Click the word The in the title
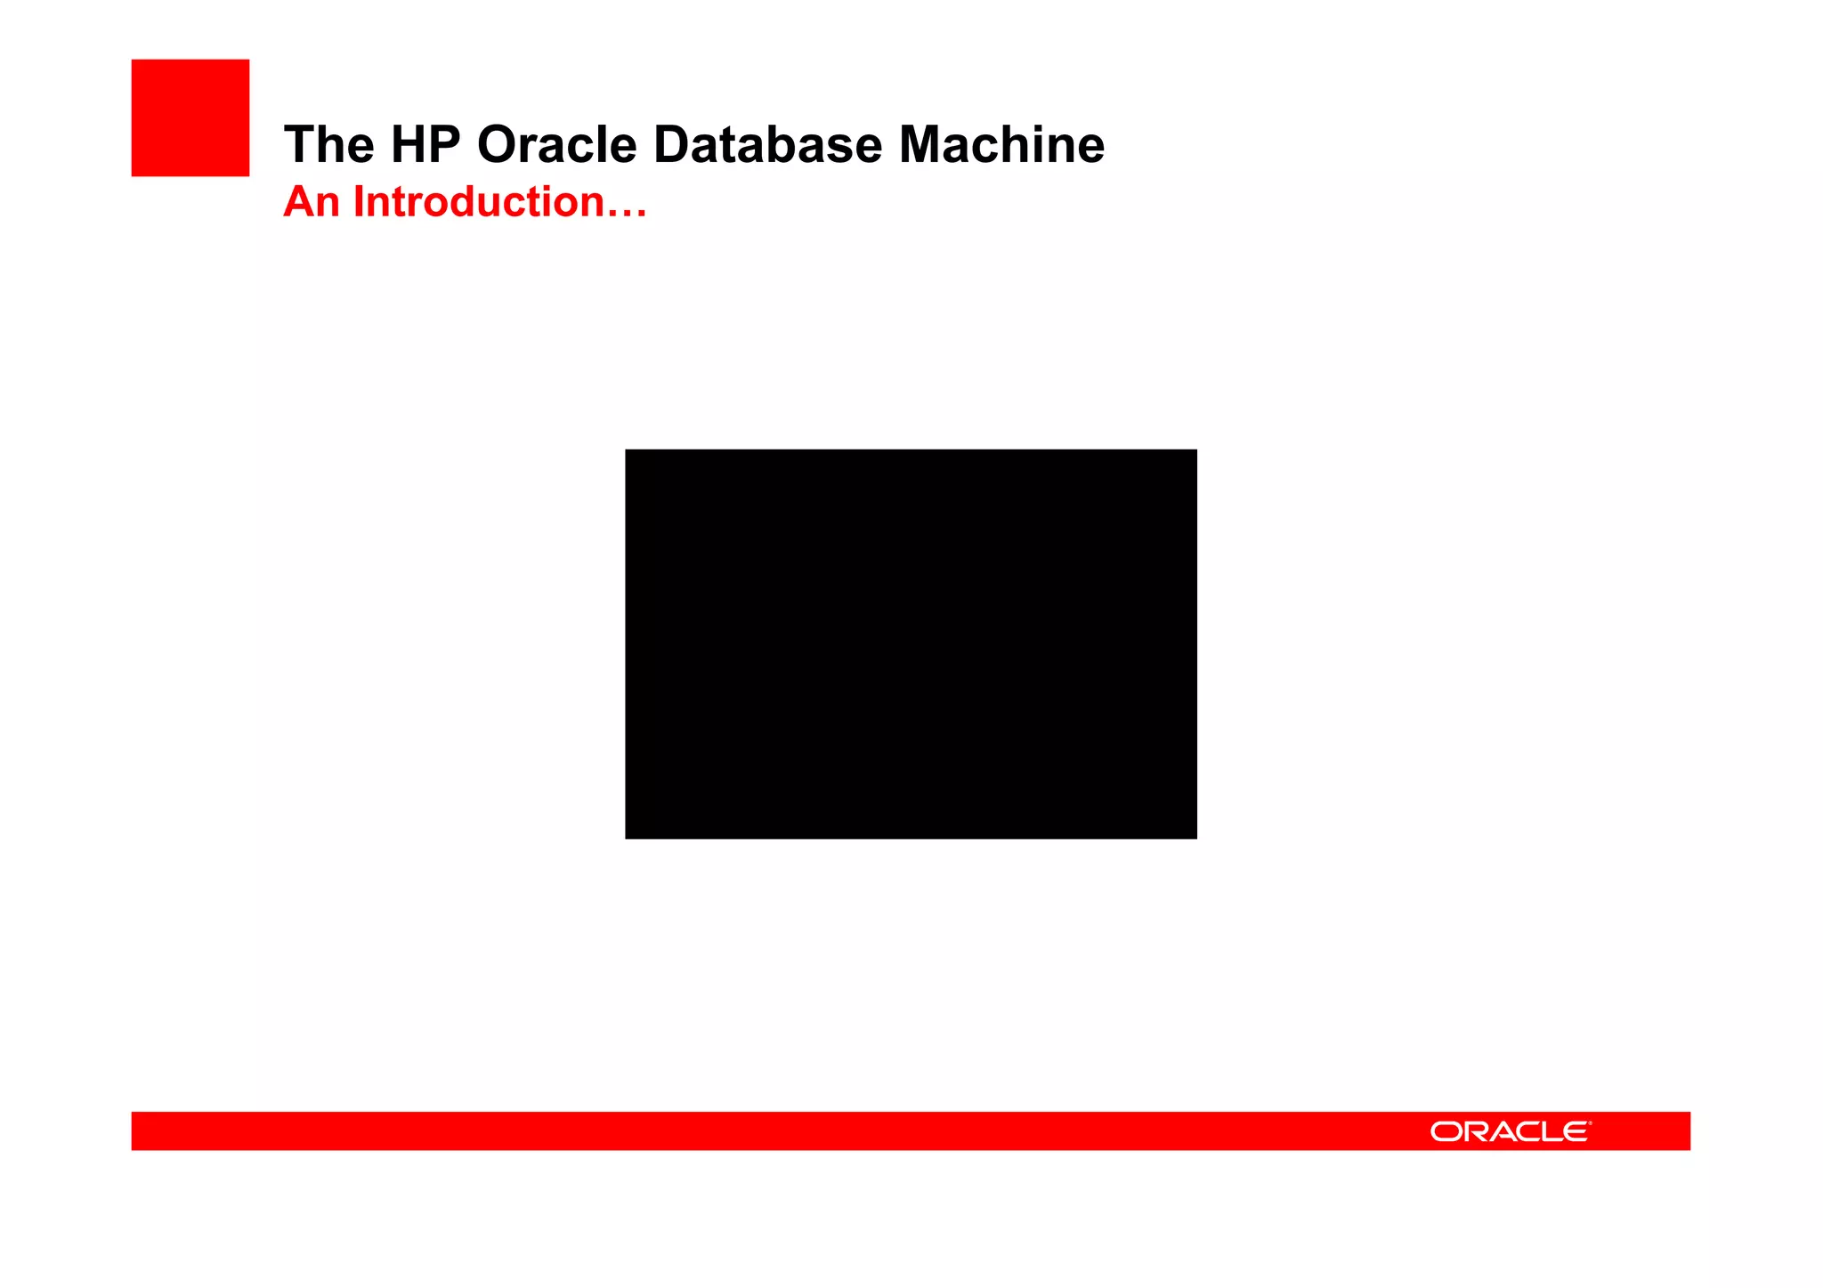click(x=328, y=144)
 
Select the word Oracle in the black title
click(x=557, y=144)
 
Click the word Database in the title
click(x=767, y=144)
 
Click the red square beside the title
click(x=190, y=117)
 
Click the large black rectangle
click(x=911, y=644)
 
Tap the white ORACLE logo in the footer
click(x=1510, y=1131)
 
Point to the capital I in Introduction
click(x=358, y=202)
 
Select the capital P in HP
click(x=444, y=144)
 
